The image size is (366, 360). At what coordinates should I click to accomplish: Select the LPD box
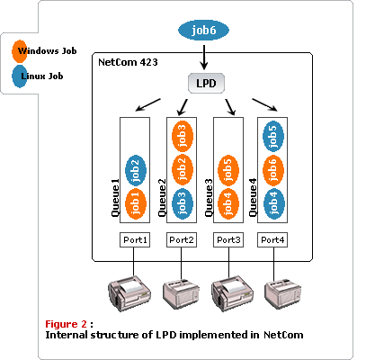click(x=205, y=83)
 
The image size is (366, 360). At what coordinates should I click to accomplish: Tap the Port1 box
click(x=134, y=240)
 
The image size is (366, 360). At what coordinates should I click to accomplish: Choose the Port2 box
click(x=181, y=240)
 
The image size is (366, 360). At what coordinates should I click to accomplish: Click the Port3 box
click(x=228, y=240)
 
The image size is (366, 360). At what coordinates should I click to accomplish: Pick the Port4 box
click(x=273, y=240)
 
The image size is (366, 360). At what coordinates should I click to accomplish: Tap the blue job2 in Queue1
click(x=135, y=168)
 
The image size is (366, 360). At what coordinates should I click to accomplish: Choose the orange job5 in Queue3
click(x=228, y=168)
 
